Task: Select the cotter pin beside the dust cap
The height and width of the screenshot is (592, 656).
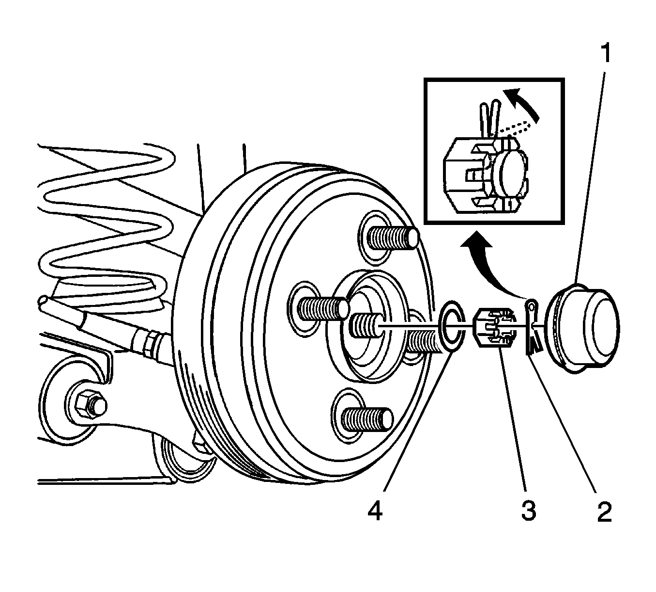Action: point(533,329)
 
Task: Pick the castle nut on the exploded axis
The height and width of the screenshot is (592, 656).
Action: point(494,328)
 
